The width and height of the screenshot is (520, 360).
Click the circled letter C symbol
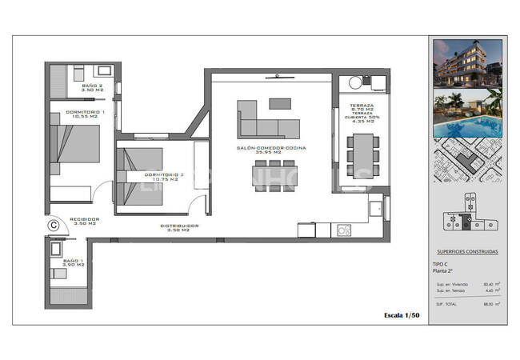[54, 226]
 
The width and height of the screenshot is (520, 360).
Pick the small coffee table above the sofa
[281, 102]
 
